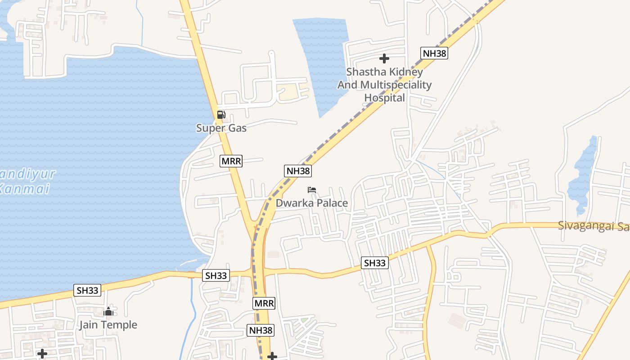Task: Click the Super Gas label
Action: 221,128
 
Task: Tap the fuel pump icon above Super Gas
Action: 221,115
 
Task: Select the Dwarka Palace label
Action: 311,203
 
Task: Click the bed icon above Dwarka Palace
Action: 312,190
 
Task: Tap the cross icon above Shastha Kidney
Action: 384,58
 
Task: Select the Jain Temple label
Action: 108,325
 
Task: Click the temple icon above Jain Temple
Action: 108,311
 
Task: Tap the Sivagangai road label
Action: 593,226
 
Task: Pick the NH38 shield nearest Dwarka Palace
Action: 298,171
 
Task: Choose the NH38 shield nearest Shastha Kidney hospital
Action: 434,53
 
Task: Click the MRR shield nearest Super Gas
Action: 231,161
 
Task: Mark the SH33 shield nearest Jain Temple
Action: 87,290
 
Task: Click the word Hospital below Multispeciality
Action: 385,98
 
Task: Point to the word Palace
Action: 331,203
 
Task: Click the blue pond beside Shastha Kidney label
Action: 321,63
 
